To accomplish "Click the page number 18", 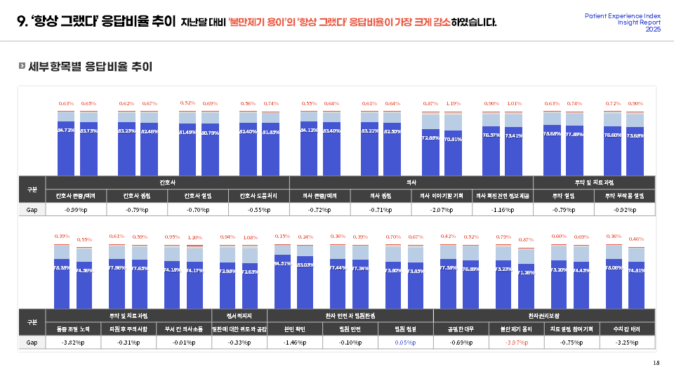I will tap(656, 363).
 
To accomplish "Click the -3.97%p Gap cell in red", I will tap(517, 343).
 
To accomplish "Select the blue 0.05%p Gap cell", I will tap(406, 343).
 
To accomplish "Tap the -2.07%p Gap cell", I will tap(442, 209).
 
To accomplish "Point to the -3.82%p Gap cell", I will tap(72, 343).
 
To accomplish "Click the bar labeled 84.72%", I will tap(66, 148).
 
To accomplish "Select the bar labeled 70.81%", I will tap(453, 152).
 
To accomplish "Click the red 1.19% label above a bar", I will tap(453, 104).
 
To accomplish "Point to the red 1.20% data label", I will tap(194, 237).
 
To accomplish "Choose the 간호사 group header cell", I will tap(168, 182).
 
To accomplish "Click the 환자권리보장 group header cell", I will tap(544, 315).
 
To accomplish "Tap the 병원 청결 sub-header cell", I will tap(406, 328).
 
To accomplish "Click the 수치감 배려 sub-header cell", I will tap(627, 328).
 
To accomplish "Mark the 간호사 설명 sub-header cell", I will tap(198, 196).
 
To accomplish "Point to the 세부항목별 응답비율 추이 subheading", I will tap(91, 67).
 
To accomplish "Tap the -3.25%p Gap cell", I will tap(627, 343).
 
